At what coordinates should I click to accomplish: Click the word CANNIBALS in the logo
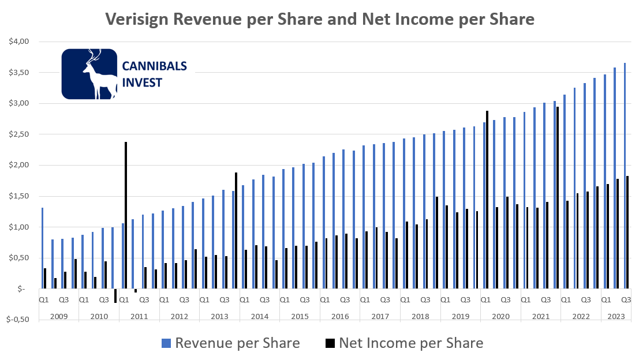click(x=154, y=66)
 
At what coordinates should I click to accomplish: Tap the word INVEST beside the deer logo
click(x=143, y=82)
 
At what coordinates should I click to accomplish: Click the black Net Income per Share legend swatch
click(x=330, y=344)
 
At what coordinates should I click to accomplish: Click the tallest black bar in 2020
click(x=487, y=199)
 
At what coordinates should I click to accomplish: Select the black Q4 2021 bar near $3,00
click(x=558, y=197)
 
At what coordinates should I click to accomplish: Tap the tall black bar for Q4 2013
click(x=236, y=230)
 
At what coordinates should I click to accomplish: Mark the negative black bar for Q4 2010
click(x=115, y=295)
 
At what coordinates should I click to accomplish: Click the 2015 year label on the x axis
click(x=300, y=316)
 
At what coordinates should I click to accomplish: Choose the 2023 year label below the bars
click(x=615, y=316)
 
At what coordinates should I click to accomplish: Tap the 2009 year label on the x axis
click(x=59, y=316)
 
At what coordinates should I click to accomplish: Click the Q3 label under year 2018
click(x=425, y=300)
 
